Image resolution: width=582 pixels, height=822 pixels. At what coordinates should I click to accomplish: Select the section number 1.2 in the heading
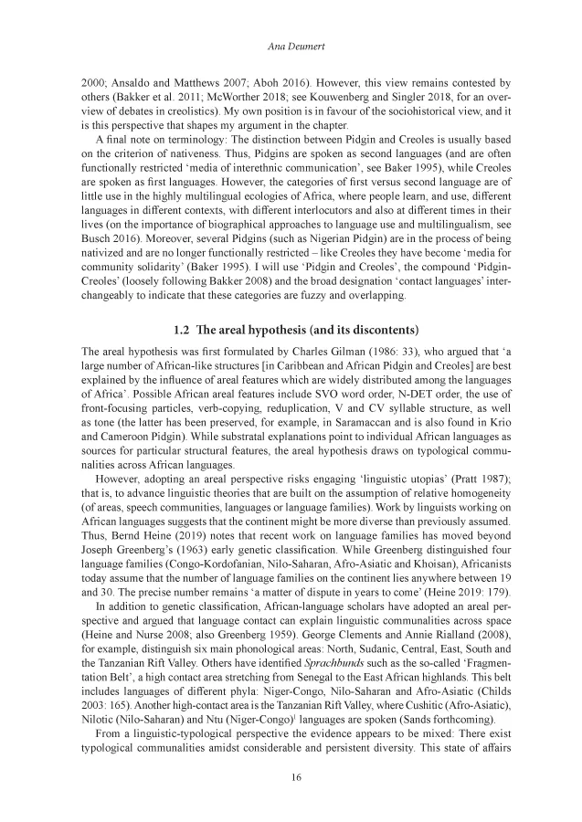[x=185, y=329]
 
